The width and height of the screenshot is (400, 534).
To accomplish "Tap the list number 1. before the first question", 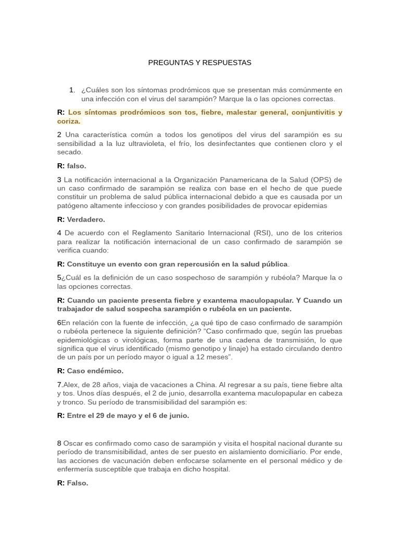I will click(x=72, y=90).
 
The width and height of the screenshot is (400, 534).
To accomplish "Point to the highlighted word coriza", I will click(x=69, y=121).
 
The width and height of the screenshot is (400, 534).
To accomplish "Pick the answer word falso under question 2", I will click(x=77, y=166).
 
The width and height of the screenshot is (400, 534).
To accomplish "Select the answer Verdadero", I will click(x=86, y=220).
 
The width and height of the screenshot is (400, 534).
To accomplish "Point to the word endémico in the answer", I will click(x=105, y=371).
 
